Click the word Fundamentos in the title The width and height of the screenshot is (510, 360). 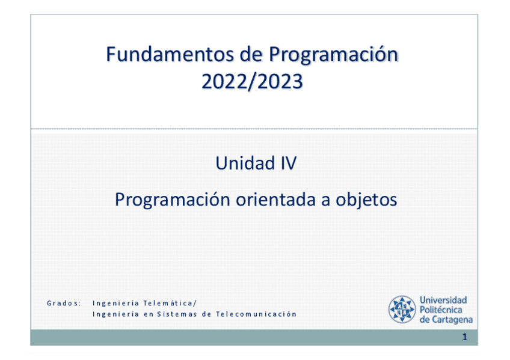tap(170, 54)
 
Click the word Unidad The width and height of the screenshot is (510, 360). tap(241, 163)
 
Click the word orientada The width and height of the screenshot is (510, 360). tap(276, 200)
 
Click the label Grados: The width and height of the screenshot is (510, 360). tap(64, 303)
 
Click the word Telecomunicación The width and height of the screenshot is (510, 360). tap(256, 314)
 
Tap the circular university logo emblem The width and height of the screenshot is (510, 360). tap(402, 310)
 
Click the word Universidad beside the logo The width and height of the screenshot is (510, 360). tap(443, 300)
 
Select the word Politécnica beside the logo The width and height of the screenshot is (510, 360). tap(441, 310)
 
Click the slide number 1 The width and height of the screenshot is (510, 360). tap(465, 337)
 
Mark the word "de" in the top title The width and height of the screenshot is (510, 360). tap(251, 54)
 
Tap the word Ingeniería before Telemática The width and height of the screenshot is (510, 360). tap(116, 304)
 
